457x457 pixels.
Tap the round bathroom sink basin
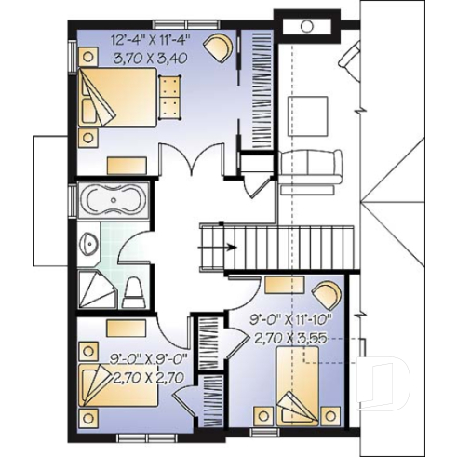click(x=89, y=244)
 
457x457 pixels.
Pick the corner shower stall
click(x=93, y=290)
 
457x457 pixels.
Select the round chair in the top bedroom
click(x=219, y=47)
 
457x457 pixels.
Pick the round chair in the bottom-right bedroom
click(x=325, y=294)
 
